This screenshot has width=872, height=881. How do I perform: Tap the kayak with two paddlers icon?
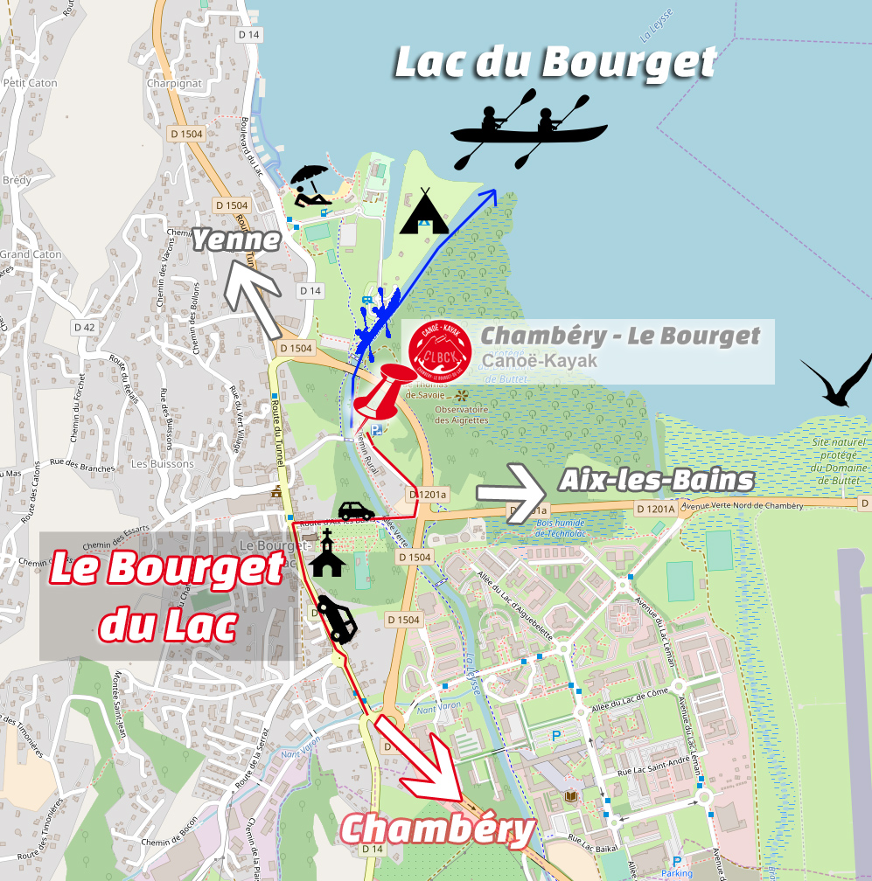tap(528, 128)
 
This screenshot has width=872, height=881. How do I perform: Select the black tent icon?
tap(424, 212)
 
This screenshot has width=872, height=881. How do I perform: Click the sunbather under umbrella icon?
tap(310, 186)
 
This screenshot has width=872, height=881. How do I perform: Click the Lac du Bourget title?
tap(555, 63)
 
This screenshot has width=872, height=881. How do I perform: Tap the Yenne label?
tap(236, 239)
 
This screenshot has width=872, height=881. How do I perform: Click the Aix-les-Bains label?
tap(656, 480)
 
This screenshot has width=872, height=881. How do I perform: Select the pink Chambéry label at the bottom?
tap(437, 829)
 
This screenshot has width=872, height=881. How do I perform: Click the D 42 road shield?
tap(84, 327)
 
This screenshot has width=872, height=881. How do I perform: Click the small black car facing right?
tap(356, 510)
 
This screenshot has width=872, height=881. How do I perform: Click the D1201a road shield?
tap(428, 496)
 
